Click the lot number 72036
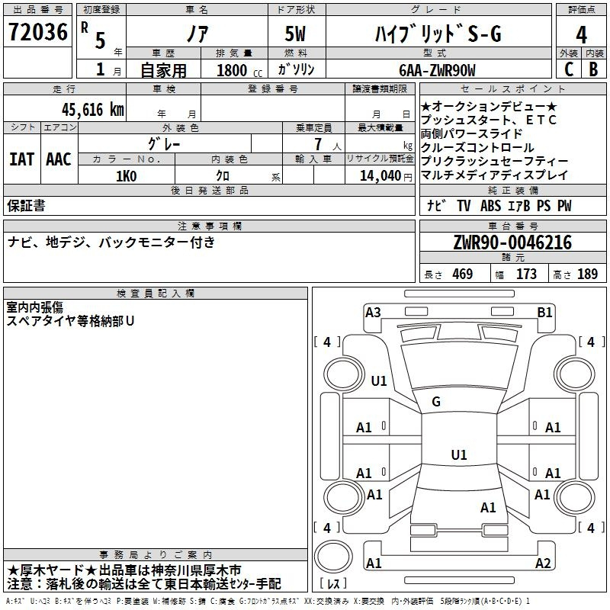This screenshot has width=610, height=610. pyautogui.click(x=37, y=32)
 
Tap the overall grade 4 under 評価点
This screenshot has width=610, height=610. pyautogui.click(x=581, y=35)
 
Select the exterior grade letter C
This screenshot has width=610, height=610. pyautogui.click(x=569, y=69)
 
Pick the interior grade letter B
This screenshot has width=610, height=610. pyautogui.click(x=593, y=69)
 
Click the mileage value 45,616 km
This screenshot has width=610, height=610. pyautogui.click(x=92, y=110)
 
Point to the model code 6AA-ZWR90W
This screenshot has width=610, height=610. pyautogui.click(x=437, y=70)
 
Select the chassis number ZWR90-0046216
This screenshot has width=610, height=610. pyautogui.click(x=512, y=242)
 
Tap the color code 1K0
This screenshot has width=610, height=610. pyautogui.click(x=126, y=176)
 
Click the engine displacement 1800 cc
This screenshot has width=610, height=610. pyautogui.click(x=239, y=70)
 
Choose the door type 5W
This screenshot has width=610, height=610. pyautogui.click(x=295, y=34)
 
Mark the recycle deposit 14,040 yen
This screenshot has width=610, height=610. pyautogui.click(x=386, y=176)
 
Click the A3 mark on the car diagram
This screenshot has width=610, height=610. pyautogui.click(x=373, y=313)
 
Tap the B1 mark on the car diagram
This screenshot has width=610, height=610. pyautogui.click(x=544, y=313)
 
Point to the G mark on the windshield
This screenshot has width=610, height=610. pyautogui.click(x=436, y=402)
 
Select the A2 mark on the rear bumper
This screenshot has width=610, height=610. pyautogui.click(x=543, y=563)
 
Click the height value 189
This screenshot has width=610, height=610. pyautogui.click(x=587, y=274)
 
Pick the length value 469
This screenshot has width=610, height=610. pyautogui.click(x=463, y=274)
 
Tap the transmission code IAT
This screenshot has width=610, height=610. pyautogui.click(x=22, y=159)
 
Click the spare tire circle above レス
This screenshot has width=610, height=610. pyautogui.click(x=333, y=556)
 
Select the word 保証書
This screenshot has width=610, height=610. pyautogui.click(x=26, y=205)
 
